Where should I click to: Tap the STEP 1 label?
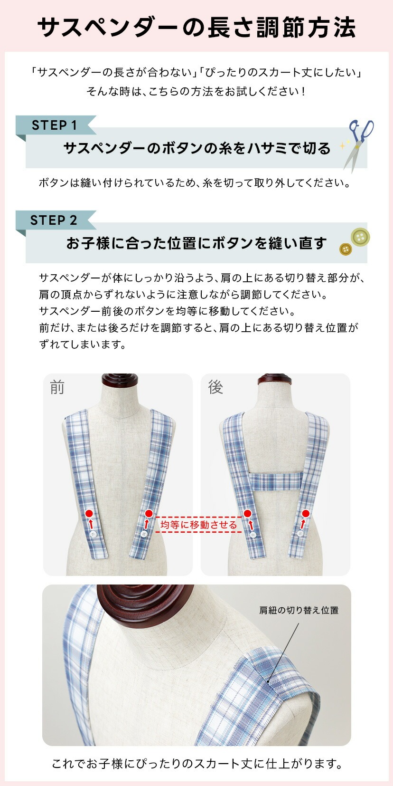coord(54,125)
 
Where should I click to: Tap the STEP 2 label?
coord(54,220)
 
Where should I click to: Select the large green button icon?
coord(360,237)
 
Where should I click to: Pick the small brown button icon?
coord(346,249)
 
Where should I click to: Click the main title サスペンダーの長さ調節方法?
coord(196,28)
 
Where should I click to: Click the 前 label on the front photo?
coord(57,387)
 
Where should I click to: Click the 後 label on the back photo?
coord(215,387)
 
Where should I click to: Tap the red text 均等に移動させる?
coord(198,525)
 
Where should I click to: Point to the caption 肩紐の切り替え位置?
coord(299,610)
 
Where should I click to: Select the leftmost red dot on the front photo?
coord(89,513)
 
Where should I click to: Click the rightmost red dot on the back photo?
coord(306,513)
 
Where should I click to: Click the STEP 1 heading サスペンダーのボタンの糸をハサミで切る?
coord(196,148)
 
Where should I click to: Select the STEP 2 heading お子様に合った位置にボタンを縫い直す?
coord(196,243)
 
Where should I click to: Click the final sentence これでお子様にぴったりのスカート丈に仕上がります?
coord(196,764)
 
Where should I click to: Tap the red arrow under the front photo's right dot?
coord(147,524)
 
